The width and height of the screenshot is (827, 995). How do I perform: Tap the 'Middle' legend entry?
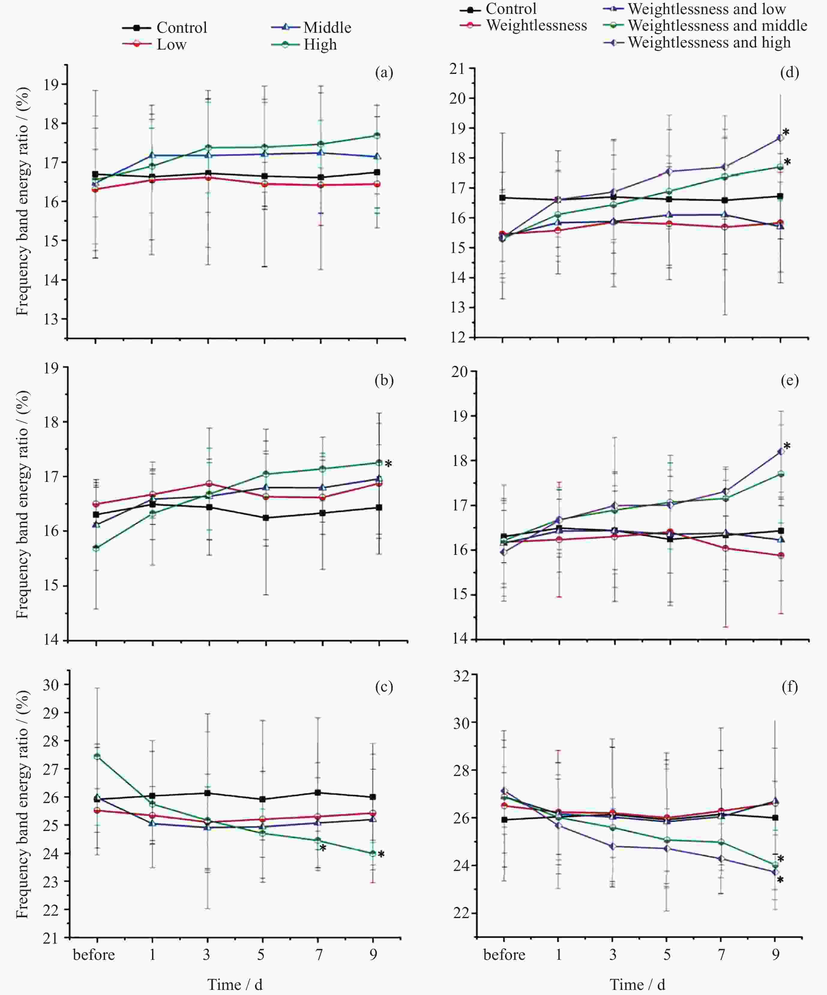coord(327,27)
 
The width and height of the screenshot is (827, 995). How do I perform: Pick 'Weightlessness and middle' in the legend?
coord(717,26)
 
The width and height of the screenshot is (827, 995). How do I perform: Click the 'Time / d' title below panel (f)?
coord(637,984)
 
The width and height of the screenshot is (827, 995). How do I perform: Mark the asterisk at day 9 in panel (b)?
coord(388,464)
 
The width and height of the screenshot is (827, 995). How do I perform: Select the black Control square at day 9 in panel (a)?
coord(377,172)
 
